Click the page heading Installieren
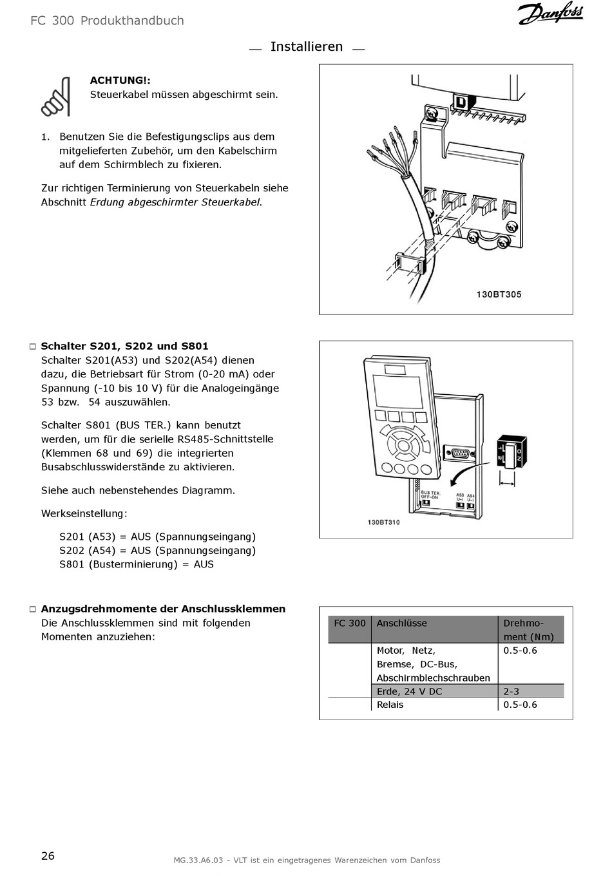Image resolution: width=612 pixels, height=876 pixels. (x=307, y=47)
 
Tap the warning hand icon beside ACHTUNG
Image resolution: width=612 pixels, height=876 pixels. (x=55, y=97)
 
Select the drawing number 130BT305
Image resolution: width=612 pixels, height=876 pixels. (x=499, y=294)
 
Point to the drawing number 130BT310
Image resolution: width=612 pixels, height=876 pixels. (x=383, y=522)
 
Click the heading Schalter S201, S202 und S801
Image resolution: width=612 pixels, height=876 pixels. (x=124, y=346)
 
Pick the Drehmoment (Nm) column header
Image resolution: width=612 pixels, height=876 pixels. (x=528, y=630)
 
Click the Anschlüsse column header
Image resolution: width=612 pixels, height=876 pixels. (x=401, y=624)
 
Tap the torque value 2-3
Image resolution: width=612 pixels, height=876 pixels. (x=511, y=691)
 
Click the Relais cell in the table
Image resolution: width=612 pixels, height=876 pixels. (x=390, y=705)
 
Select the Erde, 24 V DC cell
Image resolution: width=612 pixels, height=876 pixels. (x=409, y=691)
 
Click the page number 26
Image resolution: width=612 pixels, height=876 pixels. (x=48, y=856)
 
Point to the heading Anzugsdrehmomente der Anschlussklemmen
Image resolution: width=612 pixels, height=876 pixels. (x=163, y=609)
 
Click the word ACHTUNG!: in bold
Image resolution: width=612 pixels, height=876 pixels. (x=120, y=81)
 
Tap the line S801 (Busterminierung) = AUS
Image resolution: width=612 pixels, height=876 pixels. (x=137, y=564)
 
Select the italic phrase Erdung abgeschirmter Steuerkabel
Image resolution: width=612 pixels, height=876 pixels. (x=176, y=202)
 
